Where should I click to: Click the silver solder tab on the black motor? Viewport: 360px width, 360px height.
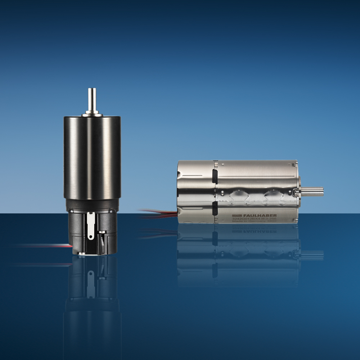90,225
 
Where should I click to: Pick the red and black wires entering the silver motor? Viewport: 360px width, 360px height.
158,213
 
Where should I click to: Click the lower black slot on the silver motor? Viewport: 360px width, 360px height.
215,209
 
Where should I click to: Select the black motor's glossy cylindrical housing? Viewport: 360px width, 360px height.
92,158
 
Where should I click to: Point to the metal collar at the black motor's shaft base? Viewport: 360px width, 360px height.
92,114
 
